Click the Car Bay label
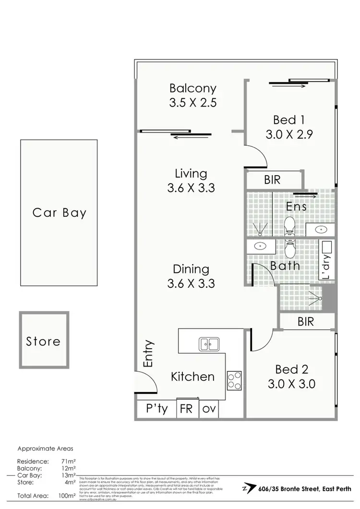pyautogui.click(x=59, y=213)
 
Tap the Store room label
pyautogui.click(x=43, y=342)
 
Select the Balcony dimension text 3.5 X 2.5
pyautogui.click(x=192, y=103)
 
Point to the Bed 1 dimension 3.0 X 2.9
pyautogui.click(x=289, y=135)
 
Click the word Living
pyautogui.click(x=191, y=174)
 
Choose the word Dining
pyautogui.click(x=191, y=269)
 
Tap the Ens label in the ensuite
pyautogui.click(x=296, y=206)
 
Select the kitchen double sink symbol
pyautogui.click(x=209, y=343)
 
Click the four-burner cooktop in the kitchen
pyautogui.click(x=234, y=380)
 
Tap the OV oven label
pyautogui.click(x=208, y=410)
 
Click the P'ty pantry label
pyautogui.click(x=157, y=410)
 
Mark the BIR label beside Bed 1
pyautogui.click(x=272, y=180)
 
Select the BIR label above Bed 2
pyautogui.click(x=305, y=321)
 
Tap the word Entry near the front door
pyautogui.click(x=148, y=354)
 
